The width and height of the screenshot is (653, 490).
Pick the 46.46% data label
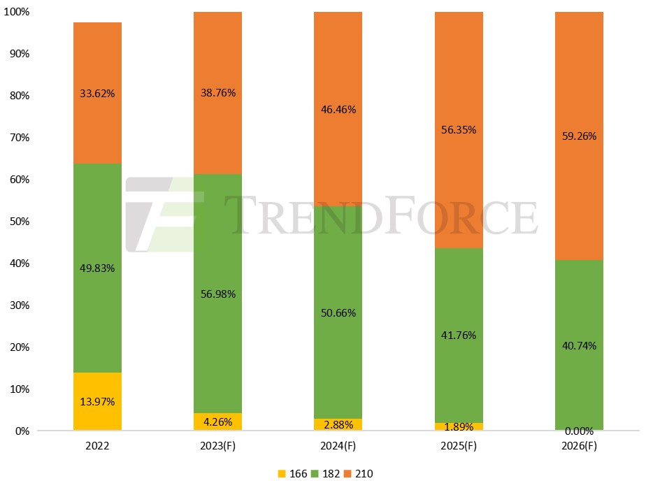[x=338, y=110]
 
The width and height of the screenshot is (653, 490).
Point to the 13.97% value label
[x=97, y=402]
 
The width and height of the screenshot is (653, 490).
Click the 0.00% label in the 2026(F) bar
[x=579, y=431]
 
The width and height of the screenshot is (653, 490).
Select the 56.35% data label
[x=459, y=129]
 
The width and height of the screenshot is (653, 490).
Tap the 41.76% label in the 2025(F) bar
[x=459, y=335]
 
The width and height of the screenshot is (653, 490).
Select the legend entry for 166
[x=292, y=474]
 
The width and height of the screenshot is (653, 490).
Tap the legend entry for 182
[x=326, y=474]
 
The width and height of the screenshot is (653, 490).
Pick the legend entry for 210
[x=359, y=474]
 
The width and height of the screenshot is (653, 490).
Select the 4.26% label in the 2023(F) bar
[x=217, y=421]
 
